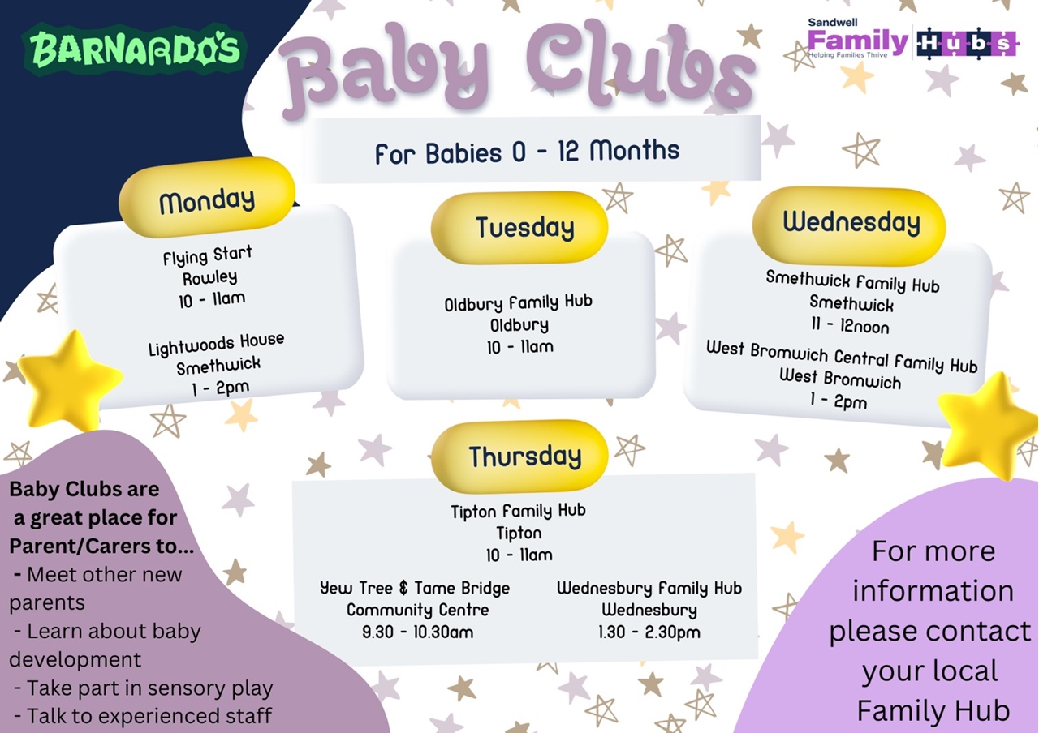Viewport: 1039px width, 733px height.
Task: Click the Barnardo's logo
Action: click(x=134, y=49)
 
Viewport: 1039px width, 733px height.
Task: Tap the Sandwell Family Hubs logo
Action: click(x=912, y=39)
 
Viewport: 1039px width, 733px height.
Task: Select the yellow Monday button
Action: click(x=207, y=199)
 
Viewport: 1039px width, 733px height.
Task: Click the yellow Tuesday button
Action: click(x=519, y=228)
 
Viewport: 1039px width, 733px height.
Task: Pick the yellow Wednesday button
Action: click(x=849, y=225)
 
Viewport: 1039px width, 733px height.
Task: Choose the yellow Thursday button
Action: click(x=519, y=456)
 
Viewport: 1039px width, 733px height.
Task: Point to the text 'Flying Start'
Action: click(x=207, y=255)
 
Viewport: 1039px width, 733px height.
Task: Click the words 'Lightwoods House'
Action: click(x=216, y=344)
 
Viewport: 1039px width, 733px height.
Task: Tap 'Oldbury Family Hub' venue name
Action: click(x=518, y=303)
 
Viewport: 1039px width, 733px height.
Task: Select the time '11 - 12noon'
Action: click(x=850, y=325)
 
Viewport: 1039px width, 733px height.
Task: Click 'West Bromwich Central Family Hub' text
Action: click(x=842, y=357)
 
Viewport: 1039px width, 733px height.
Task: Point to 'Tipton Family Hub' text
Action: click(x=518, y=512)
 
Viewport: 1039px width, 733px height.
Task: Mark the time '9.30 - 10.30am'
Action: click(x=417, y=632)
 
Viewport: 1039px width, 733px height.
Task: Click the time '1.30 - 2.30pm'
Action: click(x=649, y=632)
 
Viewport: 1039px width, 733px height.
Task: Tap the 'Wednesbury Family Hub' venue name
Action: click(x=649, y=589)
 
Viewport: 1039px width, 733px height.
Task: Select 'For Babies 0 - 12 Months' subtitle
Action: click(x=527, y=152)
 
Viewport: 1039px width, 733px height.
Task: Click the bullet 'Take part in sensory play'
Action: click(x=144, y=688)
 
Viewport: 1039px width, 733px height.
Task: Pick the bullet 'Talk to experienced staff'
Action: click(x=143, y=716)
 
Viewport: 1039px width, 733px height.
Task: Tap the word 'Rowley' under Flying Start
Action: click(x=209, y=278)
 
